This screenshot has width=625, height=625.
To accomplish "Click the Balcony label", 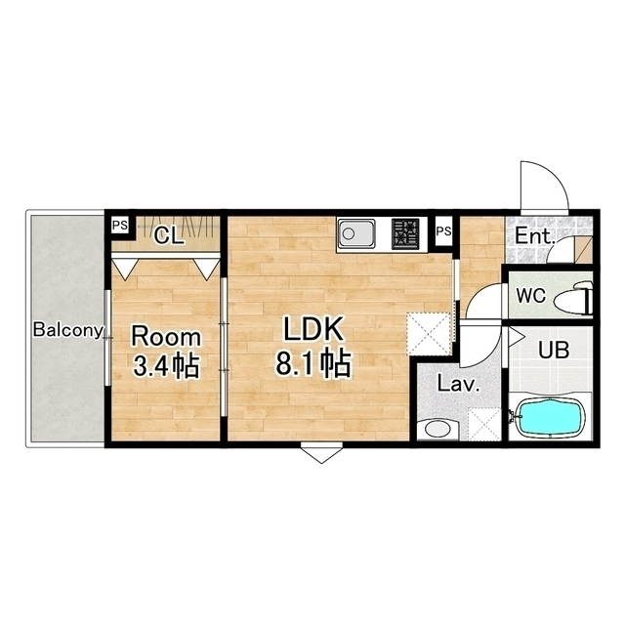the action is click(x=68, y=330).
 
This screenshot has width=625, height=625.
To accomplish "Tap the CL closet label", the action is click(x=169, y=236).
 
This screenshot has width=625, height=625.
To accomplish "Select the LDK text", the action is click(x=313, y=329).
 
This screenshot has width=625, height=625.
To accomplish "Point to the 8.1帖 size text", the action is click(x=313, y=363).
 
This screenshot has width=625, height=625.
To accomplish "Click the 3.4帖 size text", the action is click(x=166, y=366).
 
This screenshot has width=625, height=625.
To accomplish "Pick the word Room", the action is click(x=166, y=337).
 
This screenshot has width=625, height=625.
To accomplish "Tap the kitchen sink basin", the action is click(x=356, y=234).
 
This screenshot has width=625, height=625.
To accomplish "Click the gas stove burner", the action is click(x=405, y=233).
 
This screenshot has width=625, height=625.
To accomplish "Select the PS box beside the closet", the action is click(x=119, y=226).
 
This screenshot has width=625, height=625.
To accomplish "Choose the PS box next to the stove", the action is click(x=443, y=231).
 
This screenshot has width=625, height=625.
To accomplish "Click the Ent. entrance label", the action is click(x=535, y=236).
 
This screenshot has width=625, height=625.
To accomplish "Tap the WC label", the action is click(x=531, y=295).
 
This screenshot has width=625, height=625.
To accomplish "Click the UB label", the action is click(x=554, y=350).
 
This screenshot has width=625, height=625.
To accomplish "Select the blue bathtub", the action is click(x=548, y=418).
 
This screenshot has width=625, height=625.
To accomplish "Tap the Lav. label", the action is click(x=458, y=384).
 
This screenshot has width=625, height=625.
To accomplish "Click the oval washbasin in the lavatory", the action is click(x=437, y=430).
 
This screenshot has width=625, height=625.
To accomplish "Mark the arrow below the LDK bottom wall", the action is click(x=321, y=453).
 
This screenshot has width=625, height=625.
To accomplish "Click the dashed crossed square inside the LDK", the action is click(x=429, y=334).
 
